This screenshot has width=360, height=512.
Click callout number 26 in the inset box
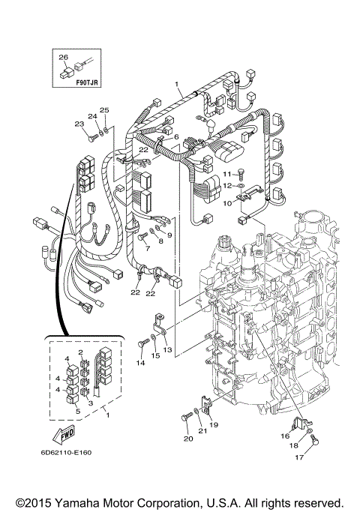[x=63, y=57]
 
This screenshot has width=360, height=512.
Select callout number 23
[x=79, y=124]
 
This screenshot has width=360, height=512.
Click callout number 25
[x=105, y=110]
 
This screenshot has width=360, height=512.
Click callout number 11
[x=226, y=174]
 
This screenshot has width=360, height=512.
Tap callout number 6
[x=176, y=137]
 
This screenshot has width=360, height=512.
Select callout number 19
[x=214, y=424]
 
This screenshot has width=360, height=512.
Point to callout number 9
[x=169, y=235]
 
